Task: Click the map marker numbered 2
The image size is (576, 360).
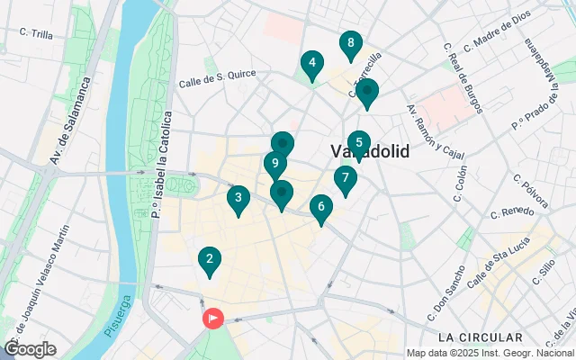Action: tap(210, 262)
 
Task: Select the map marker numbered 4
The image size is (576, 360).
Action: tap(311, 64)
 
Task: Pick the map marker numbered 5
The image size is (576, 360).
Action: tap(358, 143)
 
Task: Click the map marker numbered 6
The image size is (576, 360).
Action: tap(320, 208)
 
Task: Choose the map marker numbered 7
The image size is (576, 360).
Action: tap(345, 179)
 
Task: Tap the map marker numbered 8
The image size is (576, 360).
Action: tap(350, 44)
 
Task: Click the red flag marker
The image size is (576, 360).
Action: tap(213, 319)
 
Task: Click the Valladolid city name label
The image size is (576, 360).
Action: tap(370, 151)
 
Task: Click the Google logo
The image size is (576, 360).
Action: tap(29, 349)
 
